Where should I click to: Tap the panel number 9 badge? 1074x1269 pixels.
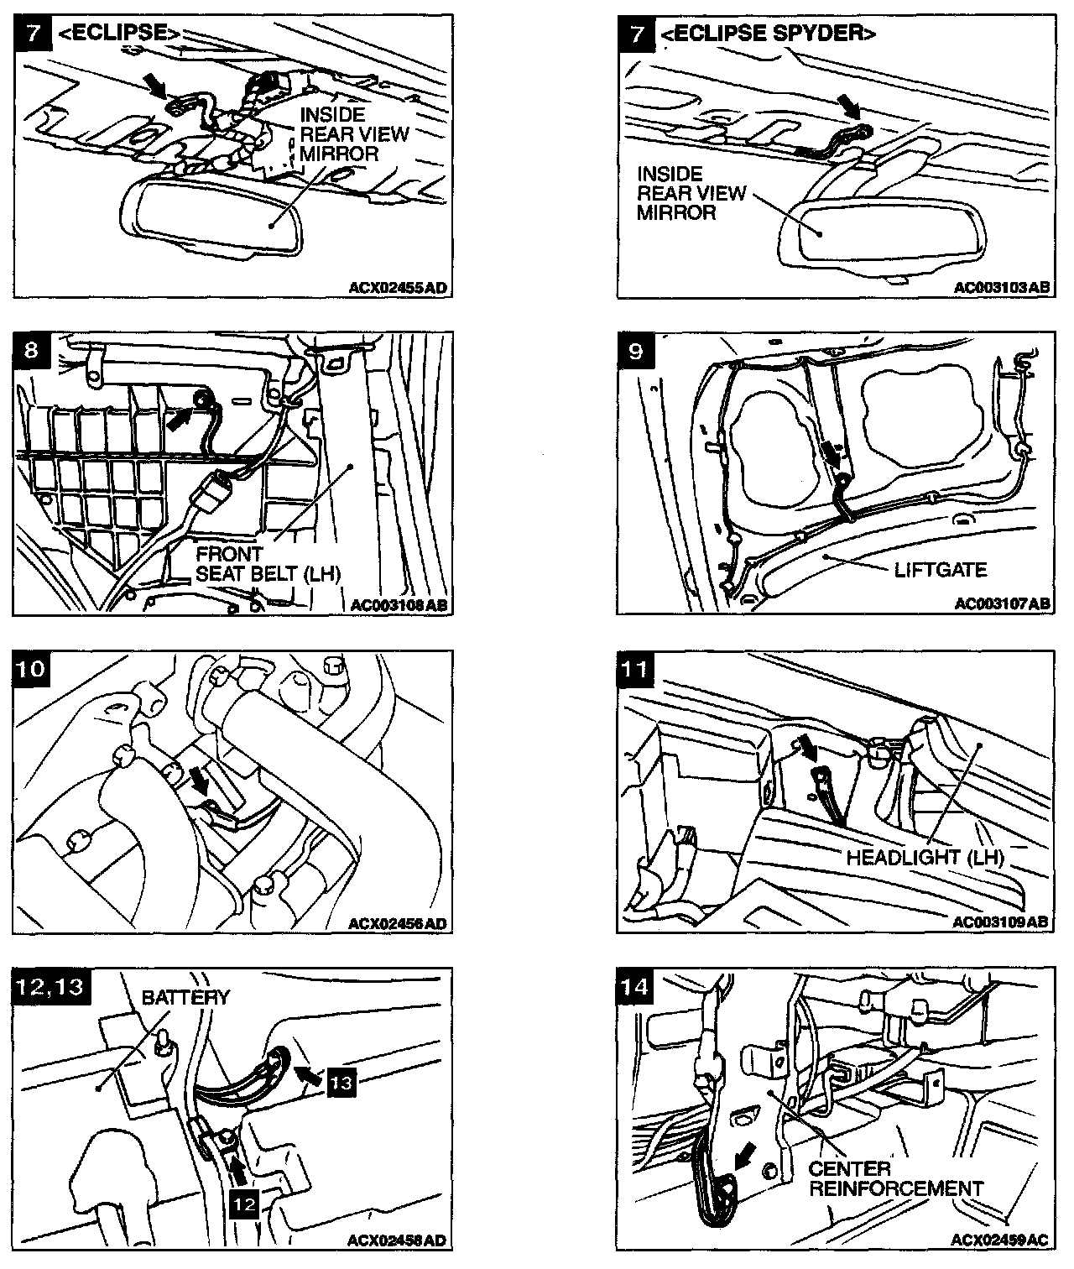point(636,351)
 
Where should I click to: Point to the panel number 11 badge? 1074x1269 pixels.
point(636,669)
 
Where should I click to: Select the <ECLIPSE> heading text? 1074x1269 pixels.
point(120,34)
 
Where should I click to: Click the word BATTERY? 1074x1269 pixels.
point(185,998)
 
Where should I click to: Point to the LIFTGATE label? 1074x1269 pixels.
point(941,570)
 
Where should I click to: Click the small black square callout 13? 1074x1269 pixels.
point(342,1083)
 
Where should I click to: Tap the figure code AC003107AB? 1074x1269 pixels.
point(1002,604)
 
